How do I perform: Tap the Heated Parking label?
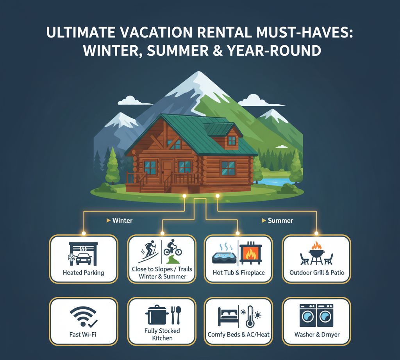(x=84, y=273)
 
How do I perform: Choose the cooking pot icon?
(x=157, y=315)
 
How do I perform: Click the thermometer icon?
(x=250, y=317)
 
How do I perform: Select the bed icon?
(x=228, y=316)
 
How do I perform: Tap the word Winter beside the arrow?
(x=122, y=221)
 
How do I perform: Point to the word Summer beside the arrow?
(x=280, y=221)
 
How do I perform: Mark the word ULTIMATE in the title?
(x=80, y=33)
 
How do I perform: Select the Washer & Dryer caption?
(x=317, y=335)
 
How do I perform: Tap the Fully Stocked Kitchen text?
(x=162, y=335)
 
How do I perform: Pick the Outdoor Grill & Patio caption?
(x=317, y=273)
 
